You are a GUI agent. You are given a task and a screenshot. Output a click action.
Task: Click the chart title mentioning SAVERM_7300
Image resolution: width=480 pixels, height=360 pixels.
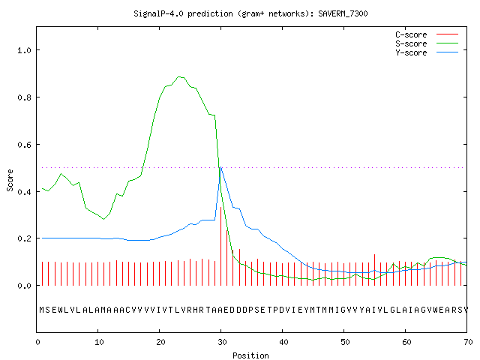[x=250, y=13]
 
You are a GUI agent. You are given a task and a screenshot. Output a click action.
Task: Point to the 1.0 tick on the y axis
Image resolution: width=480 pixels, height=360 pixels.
[x=25, y=50]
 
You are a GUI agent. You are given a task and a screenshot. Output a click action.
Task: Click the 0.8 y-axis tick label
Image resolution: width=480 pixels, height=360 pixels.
[x=25, y=97]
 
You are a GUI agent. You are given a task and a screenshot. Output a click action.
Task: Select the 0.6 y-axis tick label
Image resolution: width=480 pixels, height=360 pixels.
[x=25, y=145]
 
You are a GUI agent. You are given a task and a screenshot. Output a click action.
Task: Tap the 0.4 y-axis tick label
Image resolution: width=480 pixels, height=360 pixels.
[x=25, y=192]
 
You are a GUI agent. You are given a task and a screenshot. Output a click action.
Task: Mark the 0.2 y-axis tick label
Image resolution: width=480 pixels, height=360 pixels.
[x=25, y=238]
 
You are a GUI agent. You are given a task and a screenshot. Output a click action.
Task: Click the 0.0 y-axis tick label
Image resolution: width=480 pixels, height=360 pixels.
[x=25, y=286]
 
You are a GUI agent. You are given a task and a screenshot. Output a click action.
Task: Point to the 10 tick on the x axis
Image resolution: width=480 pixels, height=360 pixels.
[x=98, y=342]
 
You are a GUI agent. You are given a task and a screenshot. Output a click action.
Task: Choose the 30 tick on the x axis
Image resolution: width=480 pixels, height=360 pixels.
[x=222, y=342]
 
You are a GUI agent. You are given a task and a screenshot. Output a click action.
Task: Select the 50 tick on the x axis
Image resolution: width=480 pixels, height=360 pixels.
[x=345, y=342]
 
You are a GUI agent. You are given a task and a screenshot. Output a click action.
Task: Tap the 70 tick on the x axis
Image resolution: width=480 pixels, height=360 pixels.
[x=468, y=342]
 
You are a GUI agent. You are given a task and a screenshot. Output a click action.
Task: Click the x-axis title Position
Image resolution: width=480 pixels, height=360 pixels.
[x=250, y=355]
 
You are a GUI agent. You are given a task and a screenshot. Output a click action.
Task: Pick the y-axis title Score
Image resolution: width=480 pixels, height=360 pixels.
[x=10, y=180]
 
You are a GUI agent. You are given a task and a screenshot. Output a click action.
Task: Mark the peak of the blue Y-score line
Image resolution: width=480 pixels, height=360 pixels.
[x=220, y=167]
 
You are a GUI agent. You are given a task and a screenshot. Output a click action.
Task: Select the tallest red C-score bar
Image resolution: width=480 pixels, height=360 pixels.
[x=220, y=246]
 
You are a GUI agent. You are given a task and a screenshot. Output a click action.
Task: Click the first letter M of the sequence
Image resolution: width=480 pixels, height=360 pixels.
[x=42, y=310]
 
